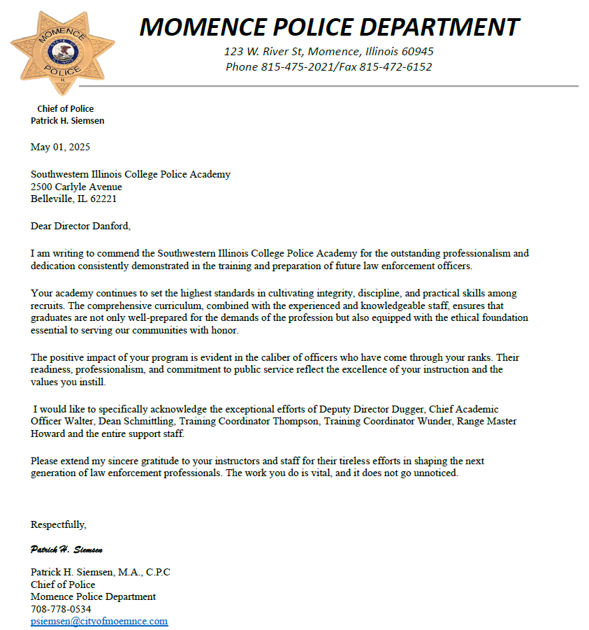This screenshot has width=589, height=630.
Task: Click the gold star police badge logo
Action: [x=62, y=53]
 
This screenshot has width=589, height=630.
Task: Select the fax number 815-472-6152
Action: [x=395, y=67]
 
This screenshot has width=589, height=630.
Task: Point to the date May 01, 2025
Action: [x=60, y=147]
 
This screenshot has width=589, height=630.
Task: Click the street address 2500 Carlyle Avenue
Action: [x=76, y=187]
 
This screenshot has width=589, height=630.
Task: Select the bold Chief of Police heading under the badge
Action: [x=65, y=108]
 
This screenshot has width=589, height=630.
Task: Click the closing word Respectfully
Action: [x=59, y=524]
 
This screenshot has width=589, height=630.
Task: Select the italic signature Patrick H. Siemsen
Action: [x=67, y=549]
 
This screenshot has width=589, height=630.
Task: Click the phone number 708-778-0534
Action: [x=61, y=609]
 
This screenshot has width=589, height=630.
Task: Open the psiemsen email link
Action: [x=99, y=621]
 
